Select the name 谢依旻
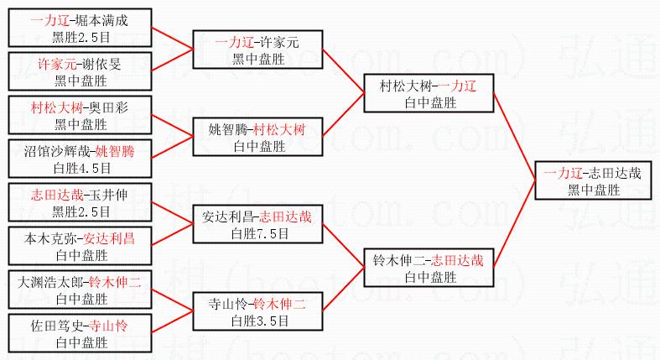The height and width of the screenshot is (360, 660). pyautogui.click(x=105, y=64)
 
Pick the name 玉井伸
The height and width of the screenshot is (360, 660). pyautogui.click(x=109, y=195)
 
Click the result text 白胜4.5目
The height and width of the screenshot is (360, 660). pyautogui.click(x=81, y=166)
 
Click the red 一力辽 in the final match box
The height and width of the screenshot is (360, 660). pyautogui.click(x=563, y=175)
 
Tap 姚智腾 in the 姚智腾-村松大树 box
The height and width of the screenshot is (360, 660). pyautogui.click(x=228, y=130)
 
